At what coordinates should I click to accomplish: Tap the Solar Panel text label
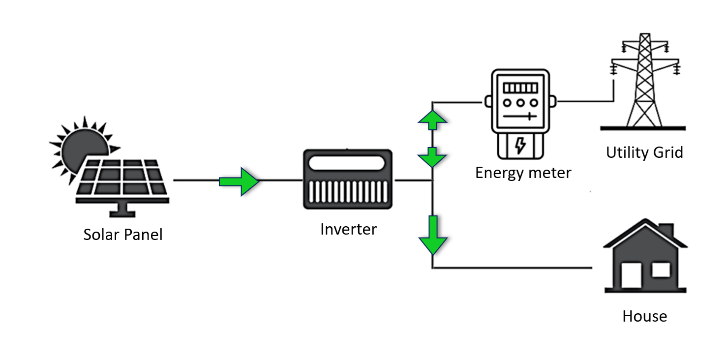pyautogui.click(x=123, y=235)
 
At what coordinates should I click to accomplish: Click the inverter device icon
pyautogui.click(x=348, y=180)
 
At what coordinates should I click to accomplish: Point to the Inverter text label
pyautogui.click(x=348, y=229)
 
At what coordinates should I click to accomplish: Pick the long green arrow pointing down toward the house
pyautogui.click(x=433, y=235)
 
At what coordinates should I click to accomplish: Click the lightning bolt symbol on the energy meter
pyautogui.click(x=520, y=146)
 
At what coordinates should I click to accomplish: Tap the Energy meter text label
pyautogui.click(x=523, y=173)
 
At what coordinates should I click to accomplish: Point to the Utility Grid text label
pyautogui.click(x=644, y=152)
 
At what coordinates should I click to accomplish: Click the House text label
pyautogui.click(x=645, y=316)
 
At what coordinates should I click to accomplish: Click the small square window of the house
pyautogui.click(x=661, y=270)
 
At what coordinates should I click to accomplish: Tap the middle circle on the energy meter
pyautogui.click(x=520, y=103)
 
